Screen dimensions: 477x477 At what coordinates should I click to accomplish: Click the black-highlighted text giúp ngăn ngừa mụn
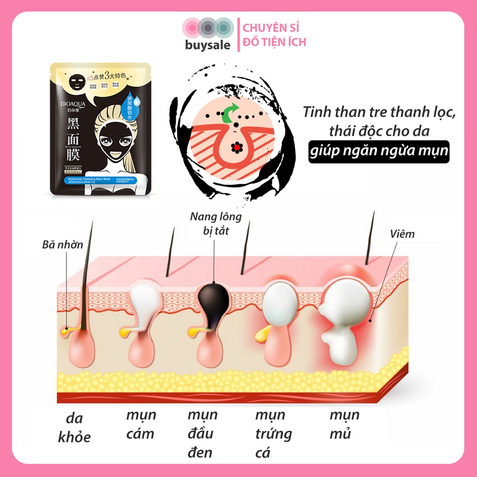[379, 152]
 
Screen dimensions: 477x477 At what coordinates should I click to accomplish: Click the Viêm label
[402, 234]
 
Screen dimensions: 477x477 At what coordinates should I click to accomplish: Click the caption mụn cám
[141, 424]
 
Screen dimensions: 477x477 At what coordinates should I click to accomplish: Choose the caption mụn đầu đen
[202, 433]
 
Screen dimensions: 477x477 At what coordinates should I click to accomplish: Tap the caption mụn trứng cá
[273, 433]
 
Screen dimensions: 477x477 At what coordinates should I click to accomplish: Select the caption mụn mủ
[345, 424]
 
